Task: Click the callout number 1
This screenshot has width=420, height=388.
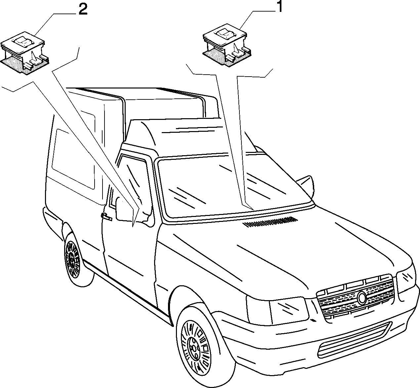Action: tap(279, 7)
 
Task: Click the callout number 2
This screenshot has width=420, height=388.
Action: tap(83, 10)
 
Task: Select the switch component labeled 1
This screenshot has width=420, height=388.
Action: tap(227, 47)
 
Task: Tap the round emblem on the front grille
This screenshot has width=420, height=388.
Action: tap(362, 298)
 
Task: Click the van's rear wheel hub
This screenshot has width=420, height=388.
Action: tap(72, 258)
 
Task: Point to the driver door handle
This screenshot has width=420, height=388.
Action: tap(106, 217)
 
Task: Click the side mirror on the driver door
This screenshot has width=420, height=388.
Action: tap(123, 210)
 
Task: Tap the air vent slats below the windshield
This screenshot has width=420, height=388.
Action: tap(270, 222)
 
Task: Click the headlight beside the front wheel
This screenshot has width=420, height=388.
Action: tap(277, 310)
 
